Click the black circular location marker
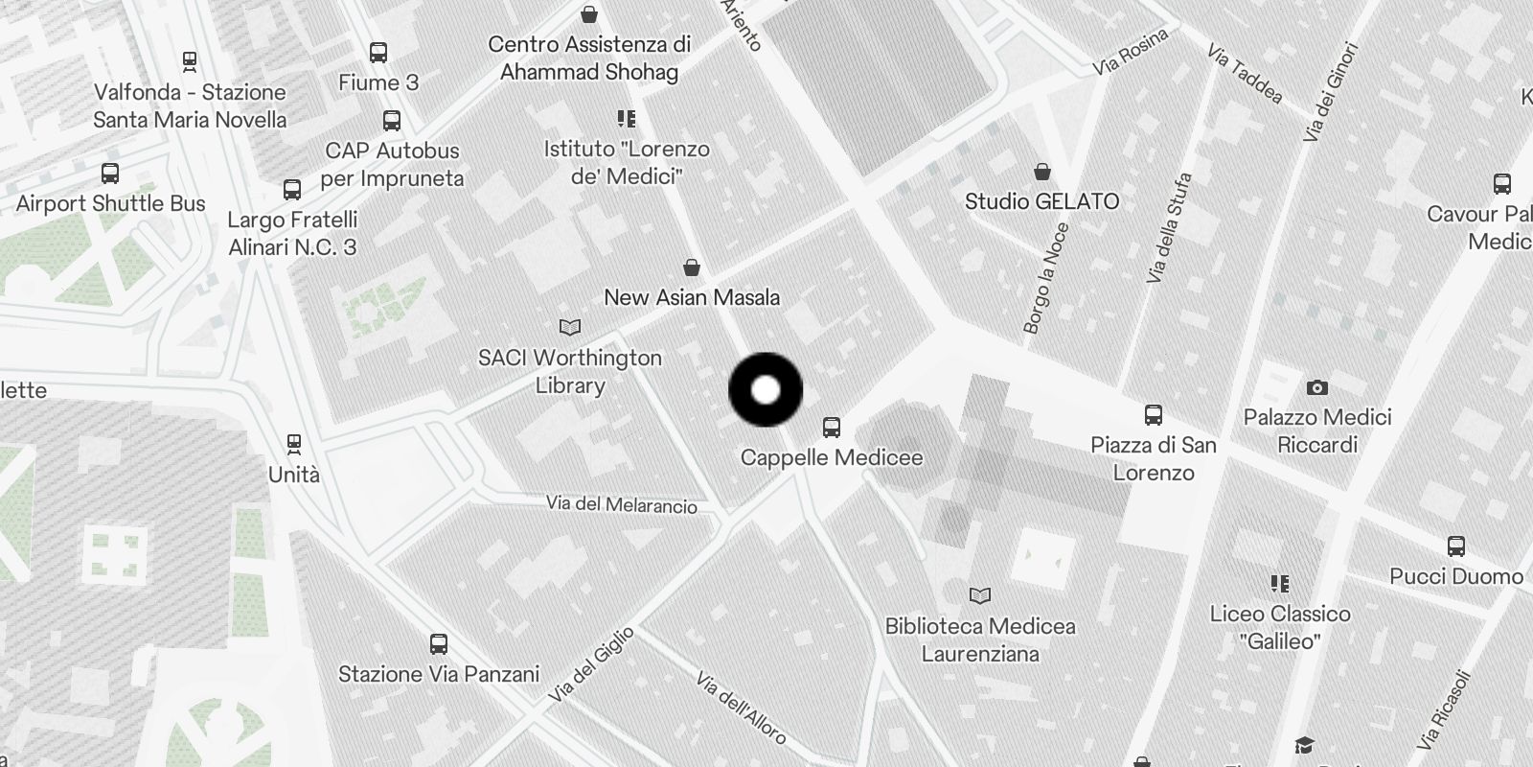click(x=766, y=390)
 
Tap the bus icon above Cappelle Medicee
click(x=832, y=428)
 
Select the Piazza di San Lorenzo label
click(x=1154, y=458)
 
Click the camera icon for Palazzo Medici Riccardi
click(x=1317, y=387)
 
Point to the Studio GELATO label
click(x=1041, y=201)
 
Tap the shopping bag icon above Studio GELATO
click(x=1042, y=172)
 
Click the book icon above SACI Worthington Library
click(x=570, y=328)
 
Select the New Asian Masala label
click(x=692, y=297)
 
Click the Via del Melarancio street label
click(x=622, y=503)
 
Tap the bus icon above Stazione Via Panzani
click(x=439, y=644)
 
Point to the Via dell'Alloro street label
click(x=741, y=709)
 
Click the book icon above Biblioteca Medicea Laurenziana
click(x=980, y=596)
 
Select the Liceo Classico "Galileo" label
click(x=1280, y=627)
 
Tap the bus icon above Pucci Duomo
click(x=1456, y=546)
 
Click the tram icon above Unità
click(x=294, y=444)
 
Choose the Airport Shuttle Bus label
click(x=110, y=203)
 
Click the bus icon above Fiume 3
click(x=378, y=53)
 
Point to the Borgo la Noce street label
click(x=1045, y=278)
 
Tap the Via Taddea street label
click(x=1245, y=73)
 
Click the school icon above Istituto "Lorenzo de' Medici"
click(x=627, y=119)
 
